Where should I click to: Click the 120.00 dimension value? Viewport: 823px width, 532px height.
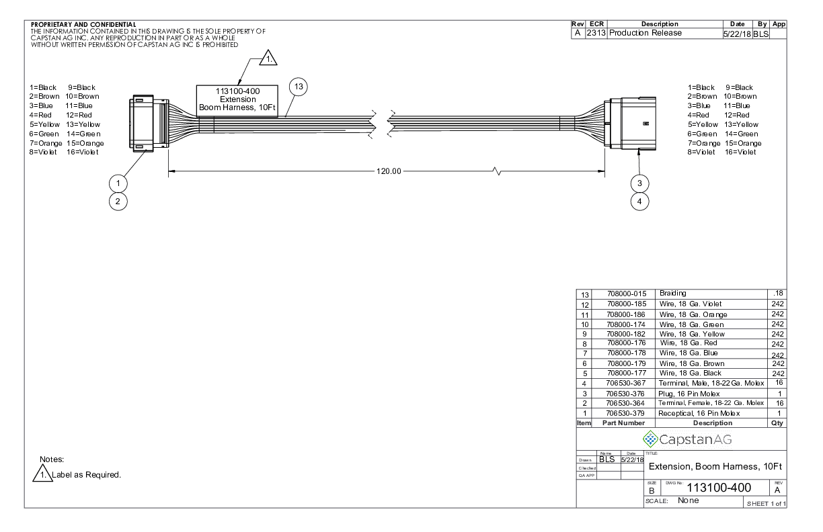pos(389,171)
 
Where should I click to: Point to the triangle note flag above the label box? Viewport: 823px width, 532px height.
pos(268,58)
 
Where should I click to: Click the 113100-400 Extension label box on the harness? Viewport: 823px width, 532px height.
pos(237,101)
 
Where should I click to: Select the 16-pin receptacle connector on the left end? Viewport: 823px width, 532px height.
pos(149,123)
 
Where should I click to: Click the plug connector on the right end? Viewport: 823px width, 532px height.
pos(630,124)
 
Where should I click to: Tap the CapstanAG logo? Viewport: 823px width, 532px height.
pos(687,439)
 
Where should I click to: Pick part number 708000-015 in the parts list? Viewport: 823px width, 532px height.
pos(627,294)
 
